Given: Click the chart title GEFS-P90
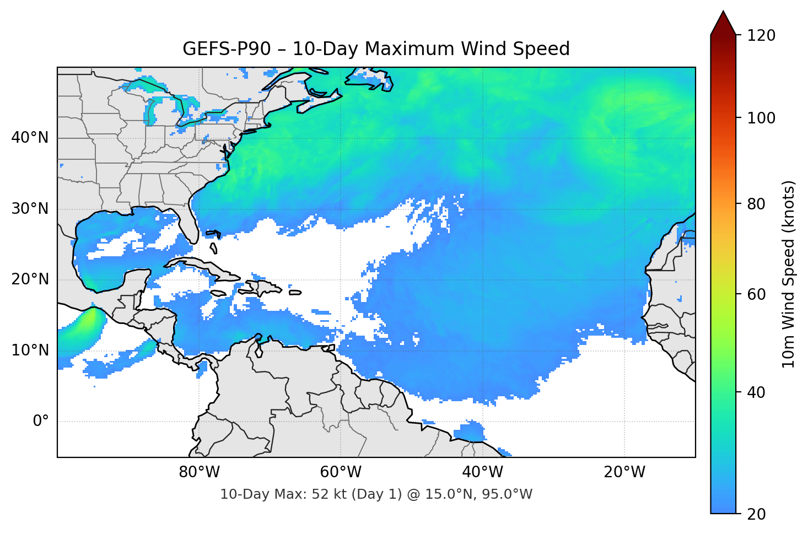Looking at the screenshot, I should tap(376, 49).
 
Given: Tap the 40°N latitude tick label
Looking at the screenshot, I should tap(30, 138).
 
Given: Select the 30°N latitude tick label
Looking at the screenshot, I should tap(30, 209).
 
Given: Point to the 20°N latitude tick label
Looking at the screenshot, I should tap(30, 279).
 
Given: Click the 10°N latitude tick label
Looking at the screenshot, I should tap(30, 350).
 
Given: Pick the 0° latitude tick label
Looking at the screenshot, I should tap(41, 422).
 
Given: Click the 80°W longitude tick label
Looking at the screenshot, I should tap(199, 472).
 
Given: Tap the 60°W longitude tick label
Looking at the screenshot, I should tap(341, 472).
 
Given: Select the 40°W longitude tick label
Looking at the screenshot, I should tap(482, 472).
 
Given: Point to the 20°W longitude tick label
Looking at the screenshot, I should tap(624, 472).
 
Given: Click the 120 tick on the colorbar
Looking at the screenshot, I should tap(761, 35).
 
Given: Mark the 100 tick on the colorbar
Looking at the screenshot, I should tap(761, 118).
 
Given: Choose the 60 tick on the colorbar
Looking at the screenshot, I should tap(757, 294).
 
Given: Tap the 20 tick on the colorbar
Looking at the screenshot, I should tap(757, 514).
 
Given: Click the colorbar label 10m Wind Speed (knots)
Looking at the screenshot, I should tap(789, 274).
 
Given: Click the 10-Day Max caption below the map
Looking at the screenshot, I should tap(376, 494).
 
